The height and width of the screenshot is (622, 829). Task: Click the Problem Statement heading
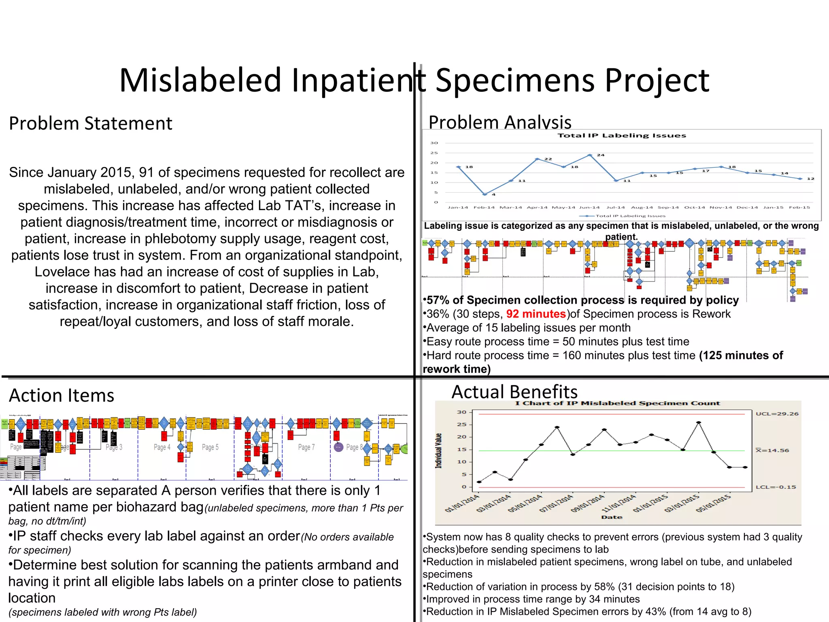[91, 124]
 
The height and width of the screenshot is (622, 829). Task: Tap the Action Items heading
[62, 396]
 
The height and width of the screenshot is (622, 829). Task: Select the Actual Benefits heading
[514, 392]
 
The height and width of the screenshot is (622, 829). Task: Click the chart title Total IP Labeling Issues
[622, 136]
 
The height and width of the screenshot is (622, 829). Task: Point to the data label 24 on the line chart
[601, 155]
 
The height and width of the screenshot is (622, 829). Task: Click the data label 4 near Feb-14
[494, 195]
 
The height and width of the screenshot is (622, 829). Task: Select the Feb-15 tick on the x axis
[799, 207]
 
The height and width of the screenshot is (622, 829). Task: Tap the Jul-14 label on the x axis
[615, 207]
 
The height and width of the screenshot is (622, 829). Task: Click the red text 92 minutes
[536, 314]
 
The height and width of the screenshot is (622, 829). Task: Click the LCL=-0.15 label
[776, 487]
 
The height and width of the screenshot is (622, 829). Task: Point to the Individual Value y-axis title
[438, 451]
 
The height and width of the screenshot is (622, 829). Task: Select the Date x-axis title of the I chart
[612, 517]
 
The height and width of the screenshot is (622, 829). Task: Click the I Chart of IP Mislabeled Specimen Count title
[618, 403]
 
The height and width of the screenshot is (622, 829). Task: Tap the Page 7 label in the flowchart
[306, 447]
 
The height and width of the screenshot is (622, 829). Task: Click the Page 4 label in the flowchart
[162, 447]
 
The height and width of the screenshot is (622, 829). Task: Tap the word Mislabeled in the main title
[200, 80]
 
